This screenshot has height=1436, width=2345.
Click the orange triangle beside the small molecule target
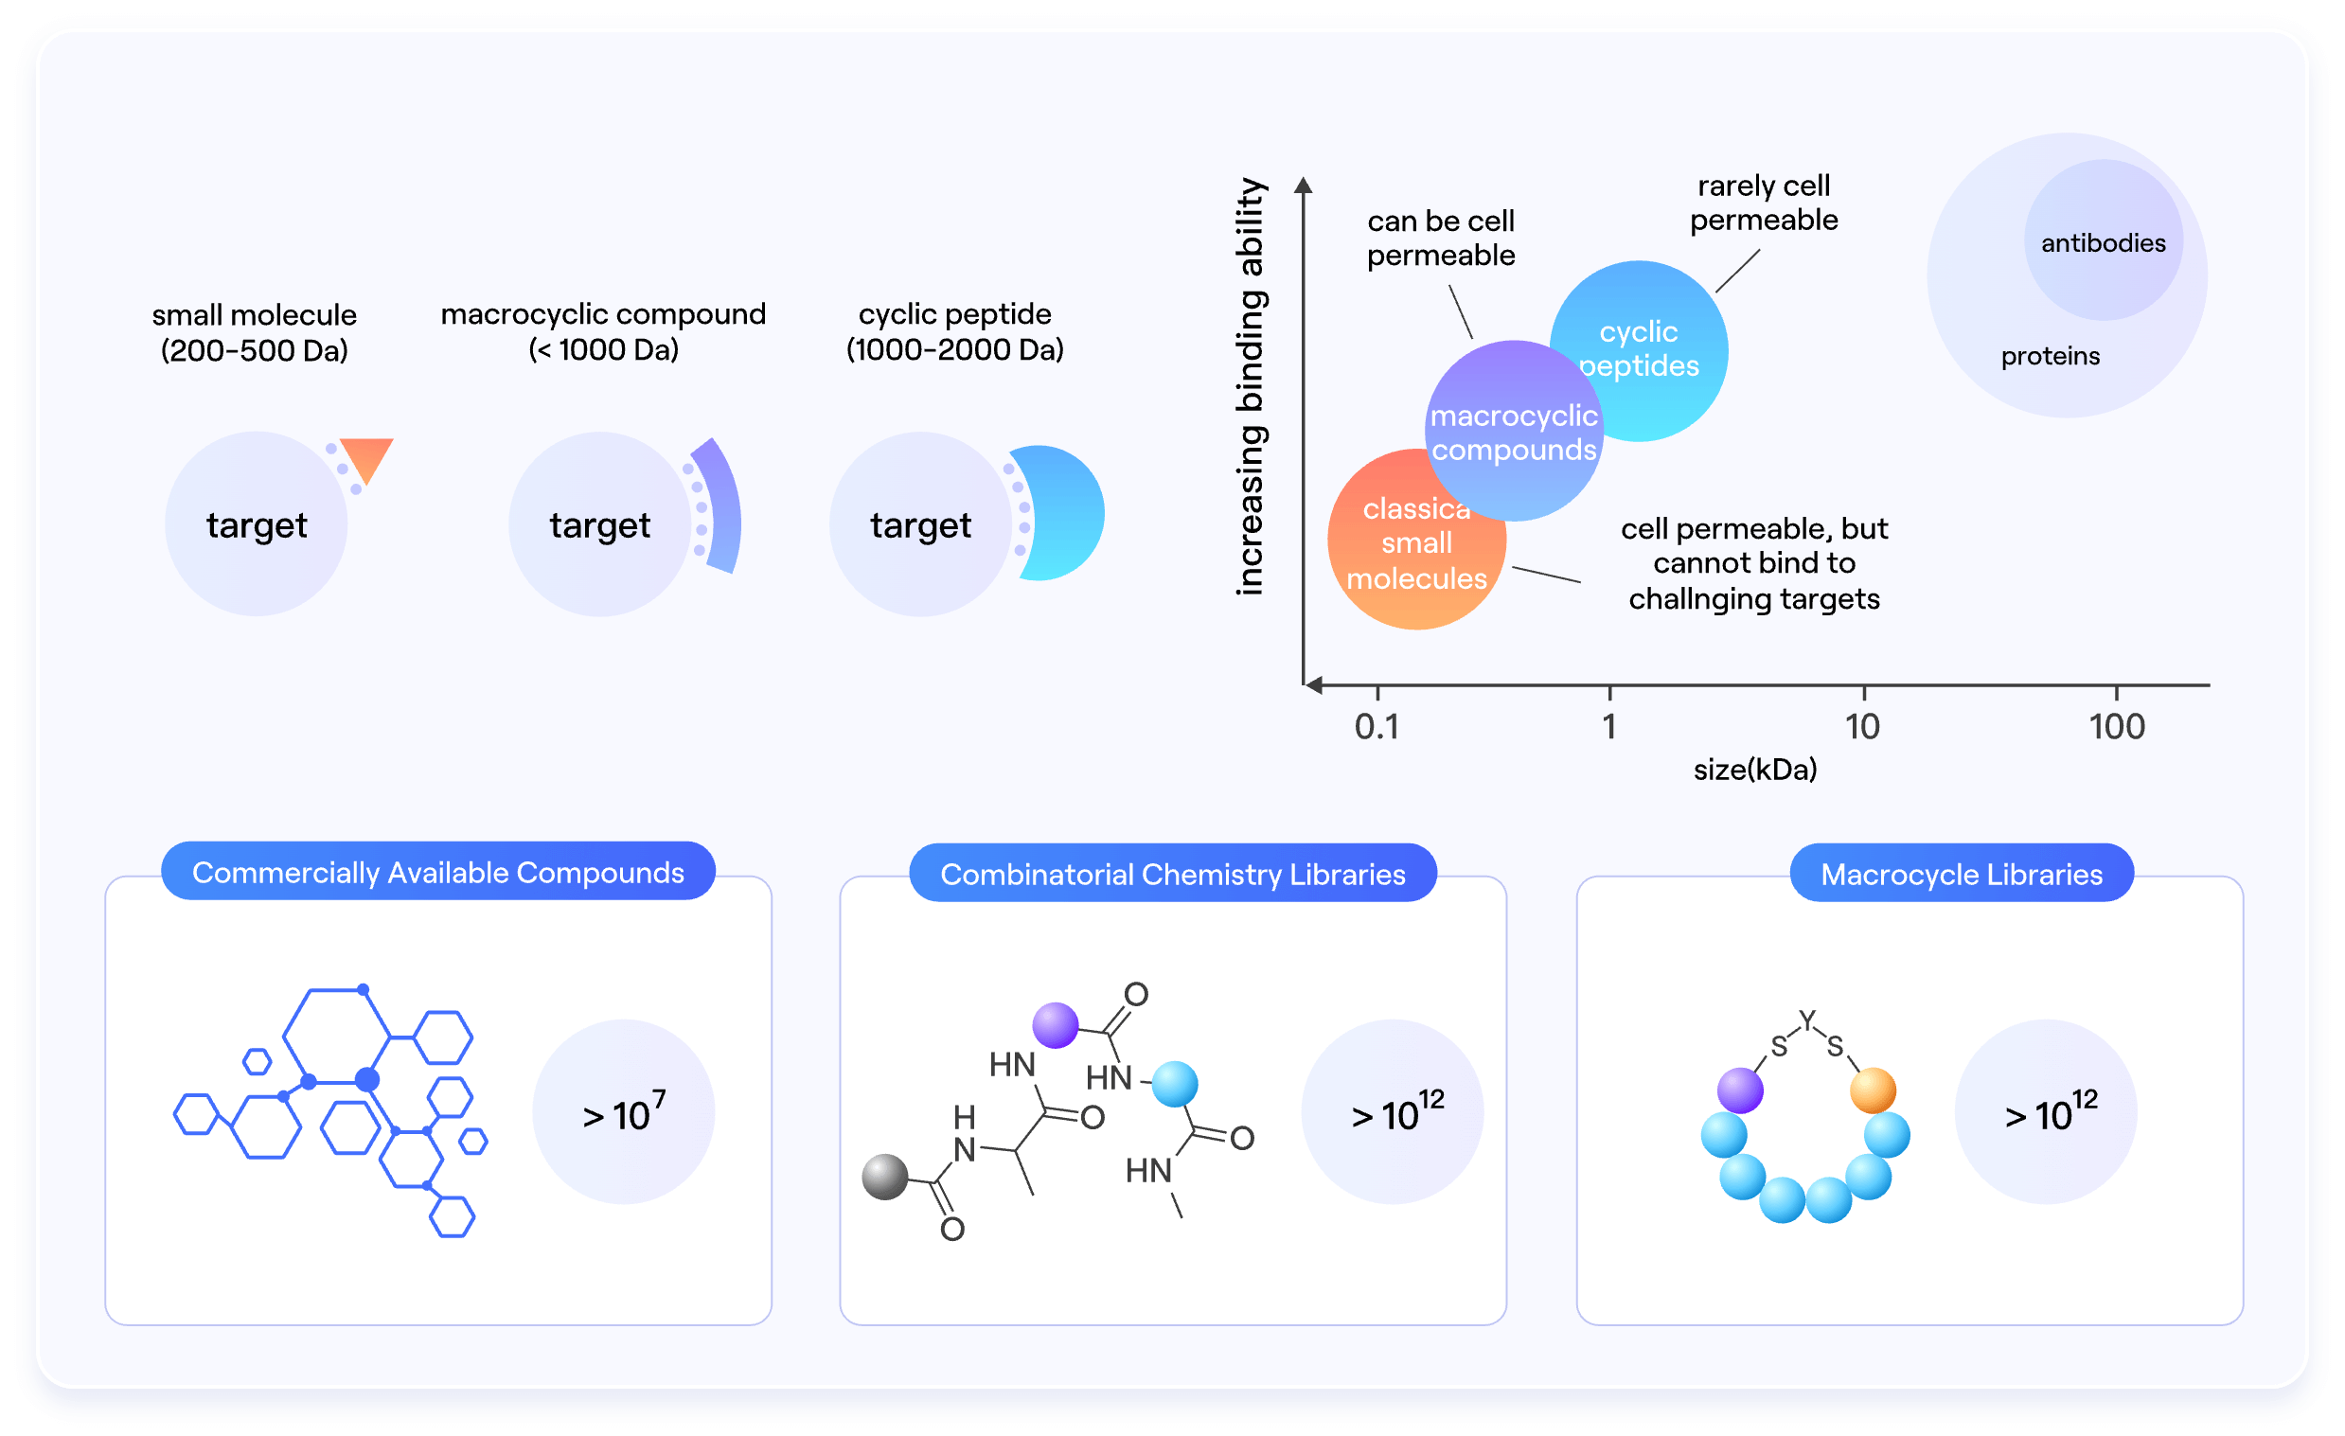point(366,457)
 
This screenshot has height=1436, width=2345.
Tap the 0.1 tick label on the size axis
point(1377,727)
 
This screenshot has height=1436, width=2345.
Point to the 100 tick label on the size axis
point(2116,727)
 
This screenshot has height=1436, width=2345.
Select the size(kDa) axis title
point(1754,769)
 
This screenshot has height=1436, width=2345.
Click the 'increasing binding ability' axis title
point(1250,386)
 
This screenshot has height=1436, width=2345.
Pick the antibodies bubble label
point(2103,242)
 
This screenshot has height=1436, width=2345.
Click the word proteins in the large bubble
point(2049,356)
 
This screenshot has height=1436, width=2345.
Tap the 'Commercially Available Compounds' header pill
point(437,872)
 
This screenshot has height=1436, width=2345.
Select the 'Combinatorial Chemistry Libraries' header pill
point(1171,874)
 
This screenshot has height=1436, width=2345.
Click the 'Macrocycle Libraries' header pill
point(1961,874)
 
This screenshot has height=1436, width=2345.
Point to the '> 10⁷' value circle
point(623,1111)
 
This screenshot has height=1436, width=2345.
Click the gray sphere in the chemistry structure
point(884,1178)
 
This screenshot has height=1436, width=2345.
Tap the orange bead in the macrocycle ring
point(1872,1090)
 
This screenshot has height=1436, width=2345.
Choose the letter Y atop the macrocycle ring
point(1807,1020)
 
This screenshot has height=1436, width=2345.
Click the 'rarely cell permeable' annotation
point(1763,203)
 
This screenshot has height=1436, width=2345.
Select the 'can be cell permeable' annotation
point(1440,238)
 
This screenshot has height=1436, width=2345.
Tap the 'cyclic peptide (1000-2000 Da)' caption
point(954,331)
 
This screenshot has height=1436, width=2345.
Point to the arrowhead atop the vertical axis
point(1303,185)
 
